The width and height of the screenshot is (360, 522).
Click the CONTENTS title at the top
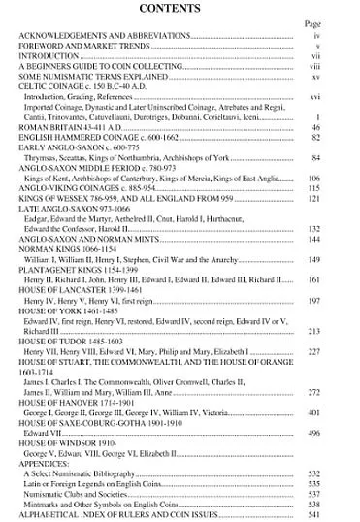pos(180,9)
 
